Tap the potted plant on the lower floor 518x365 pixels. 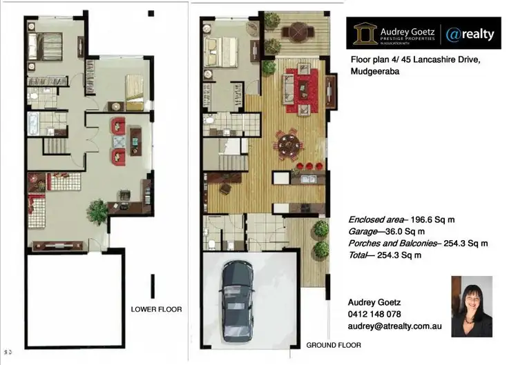(x=97, y=208)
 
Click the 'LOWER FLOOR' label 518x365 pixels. (x=156, y=310)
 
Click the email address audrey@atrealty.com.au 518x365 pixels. (x=394, y=325)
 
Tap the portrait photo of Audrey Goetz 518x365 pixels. (x=471, y=306)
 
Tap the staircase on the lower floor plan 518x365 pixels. (x=54, y=146)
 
